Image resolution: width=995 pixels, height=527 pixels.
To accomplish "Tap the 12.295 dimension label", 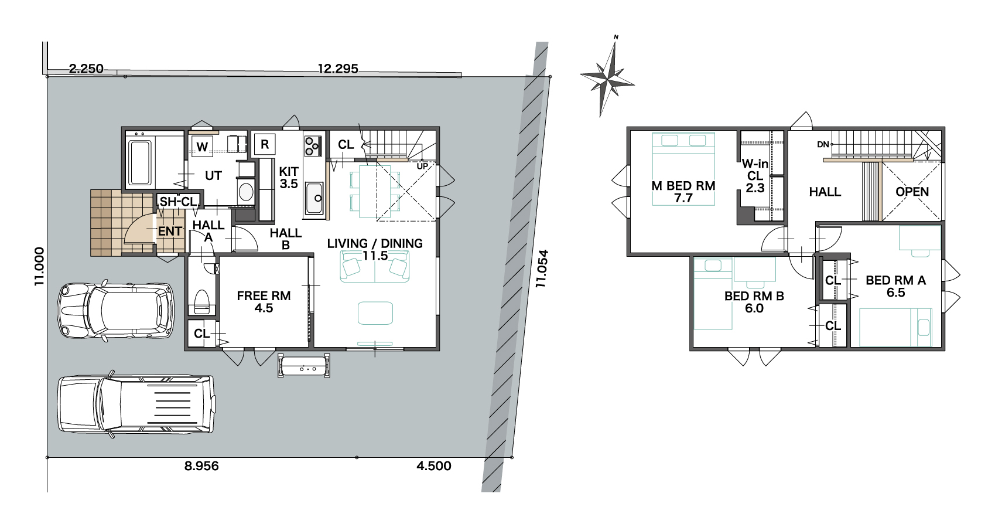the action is tap(338, 69).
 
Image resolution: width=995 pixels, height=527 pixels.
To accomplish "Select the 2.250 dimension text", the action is tap(86, 69).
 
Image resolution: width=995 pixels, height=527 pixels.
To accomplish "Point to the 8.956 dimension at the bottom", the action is tap(201, 465).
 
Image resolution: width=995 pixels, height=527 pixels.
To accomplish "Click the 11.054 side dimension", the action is tap(542, 268).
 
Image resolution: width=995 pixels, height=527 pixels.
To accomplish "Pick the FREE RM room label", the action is tap(264, 296).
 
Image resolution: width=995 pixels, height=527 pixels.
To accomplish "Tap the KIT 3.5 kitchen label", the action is tap(289, 178).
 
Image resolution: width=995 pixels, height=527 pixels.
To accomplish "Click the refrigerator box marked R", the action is tap(265, 144).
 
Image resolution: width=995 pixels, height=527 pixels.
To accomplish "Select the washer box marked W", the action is tap(202, 147).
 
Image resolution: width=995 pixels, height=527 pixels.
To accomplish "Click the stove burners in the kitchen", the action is tap(312, 146).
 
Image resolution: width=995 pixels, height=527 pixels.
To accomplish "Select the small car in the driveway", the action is tap(115, 310).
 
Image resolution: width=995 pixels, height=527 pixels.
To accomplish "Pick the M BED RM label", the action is tap(683, 186).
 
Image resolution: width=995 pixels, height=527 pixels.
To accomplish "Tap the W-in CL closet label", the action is tap(755, 176).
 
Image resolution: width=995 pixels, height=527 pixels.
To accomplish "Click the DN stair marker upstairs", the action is tap(823, 144).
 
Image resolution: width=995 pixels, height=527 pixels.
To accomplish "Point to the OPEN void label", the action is tap(912, 192).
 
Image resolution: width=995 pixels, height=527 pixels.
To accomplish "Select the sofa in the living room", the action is tap(374, 266).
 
